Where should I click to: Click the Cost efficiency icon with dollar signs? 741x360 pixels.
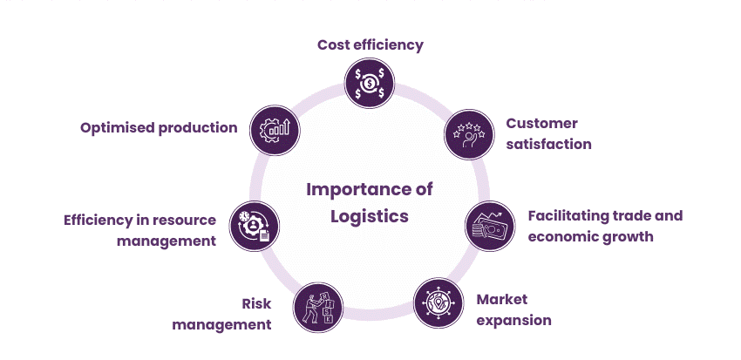click(370, 84)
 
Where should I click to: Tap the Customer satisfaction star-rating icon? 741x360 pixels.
click(470, 133)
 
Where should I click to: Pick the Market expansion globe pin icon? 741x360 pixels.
click(438, 302)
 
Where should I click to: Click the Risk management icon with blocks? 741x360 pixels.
click(316, 309)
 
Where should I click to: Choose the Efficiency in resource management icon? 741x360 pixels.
click(254, 224)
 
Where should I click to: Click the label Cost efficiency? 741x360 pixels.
click(370, 44)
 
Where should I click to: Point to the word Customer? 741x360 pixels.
click(541, 123)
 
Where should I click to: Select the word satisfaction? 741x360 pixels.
click(548, 144)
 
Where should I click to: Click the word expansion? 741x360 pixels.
click(513, 320)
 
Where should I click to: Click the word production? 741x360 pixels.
click(198, 127)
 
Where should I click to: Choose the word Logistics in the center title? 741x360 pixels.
click(370, 215)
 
